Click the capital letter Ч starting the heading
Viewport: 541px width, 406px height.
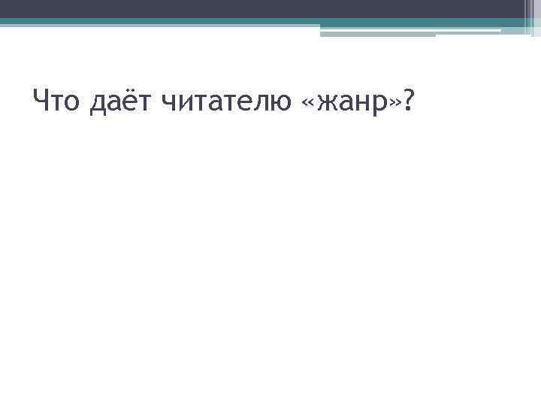coord(42,99)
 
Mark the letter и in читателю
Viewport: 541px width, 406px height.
coord(192,102)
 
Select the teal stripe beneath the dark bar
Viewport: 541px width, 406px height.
coord(150,22)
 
